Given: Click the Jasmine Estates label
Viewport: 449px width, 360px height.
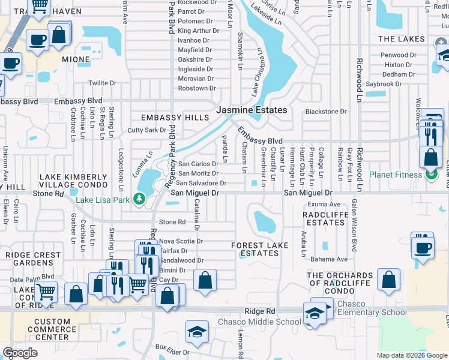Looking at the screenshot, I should [252, 110].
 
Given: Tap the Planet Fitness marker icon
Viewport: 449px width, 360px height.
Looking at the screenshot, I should [430, 175].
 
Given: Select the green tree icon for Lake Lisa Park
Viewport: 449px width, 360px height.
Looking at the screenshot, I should [139, 198].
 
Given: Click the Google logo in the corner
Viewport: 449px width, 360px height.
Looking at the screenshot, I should [20, 353].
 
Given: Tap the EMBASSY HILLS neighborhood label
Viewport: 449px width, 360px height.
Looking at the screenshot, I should [175, 118].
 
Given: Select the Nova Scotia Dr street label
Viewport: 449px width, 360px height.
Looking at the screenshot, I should [181, 241].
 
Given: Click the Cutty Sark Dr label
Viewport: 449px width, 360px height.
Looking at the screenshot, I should [146, 130].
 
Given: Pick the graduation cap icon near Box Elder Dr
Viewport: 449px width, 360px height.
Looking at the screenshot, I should [197, 331].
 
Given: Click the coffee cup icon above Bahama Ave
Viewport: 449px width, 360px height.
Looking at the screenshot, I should [423, 247].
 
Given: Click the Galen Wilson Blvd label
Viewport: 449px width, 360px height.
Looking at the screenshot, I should [354, 218].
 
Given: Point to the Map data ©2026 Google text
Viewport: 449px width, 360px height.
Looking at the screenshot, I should [412, 355].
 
